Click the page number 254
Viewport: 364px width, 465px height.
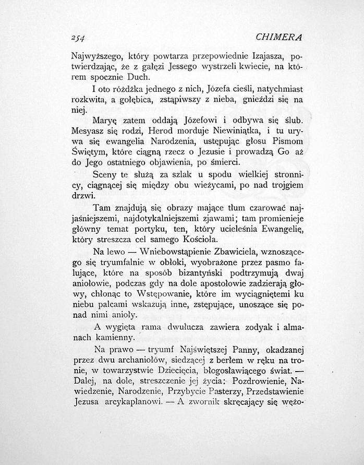point(78,38)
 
